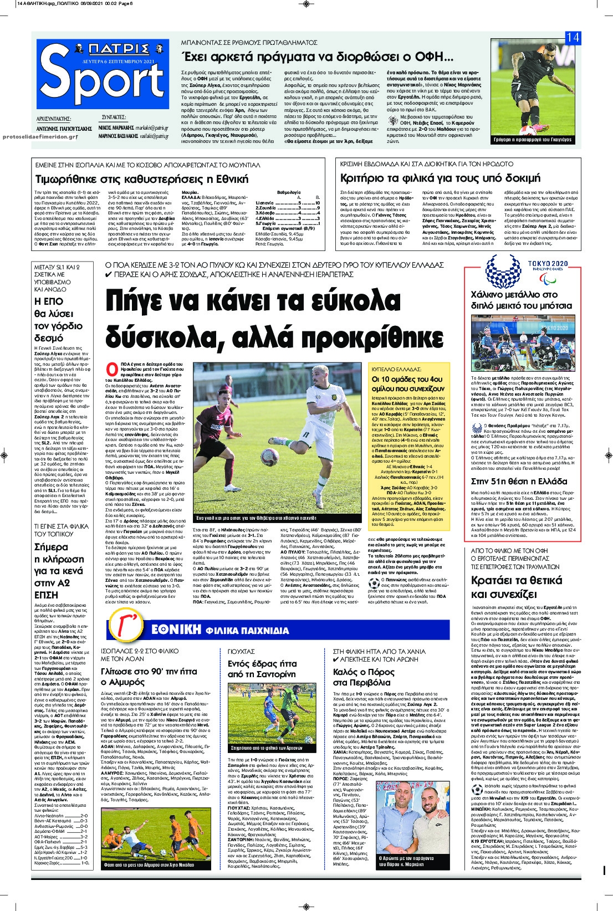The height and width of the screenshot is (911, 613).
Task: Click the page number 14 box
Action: pos(573,38)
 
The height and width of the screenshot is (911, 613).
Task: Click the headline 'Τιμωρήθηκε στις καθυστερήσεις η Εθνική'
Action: pos(141,180)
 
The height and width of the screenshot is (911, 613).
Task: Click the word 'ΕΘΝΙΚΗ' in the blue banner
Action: pos(175,630)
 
